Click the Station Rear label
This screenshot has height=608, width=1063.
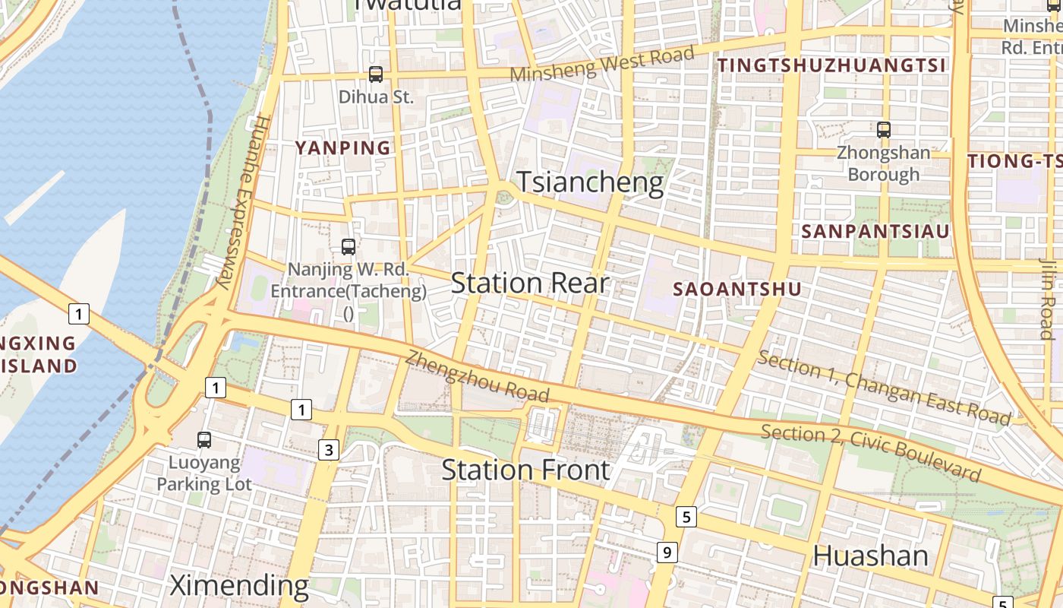click(529, 283)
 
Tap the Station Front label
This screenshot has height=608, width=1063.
click(525, 470)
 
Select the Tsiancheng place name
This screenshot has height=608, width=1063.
click(590, 183)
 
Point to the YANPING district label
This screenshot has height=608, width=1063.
click(342, 147)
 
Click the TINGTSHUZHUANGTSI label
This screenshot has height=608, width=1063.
click(832, 65)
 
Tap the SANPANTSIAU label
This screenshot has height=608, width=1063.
click(875, 231)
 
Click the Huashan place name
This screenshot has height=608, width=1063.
click(870, 556)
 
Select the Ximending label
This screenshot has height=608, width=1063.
click(238, 585)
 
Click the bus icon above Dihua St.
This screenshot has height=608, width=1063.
click(376, 74)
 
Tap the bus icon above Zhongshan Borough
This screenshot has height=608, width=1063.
click(883, 129)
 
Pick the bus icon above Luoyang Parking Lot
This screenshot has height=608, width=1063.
click(203, 439)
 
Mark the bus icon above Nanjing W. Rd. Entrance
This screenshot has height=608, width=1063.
click(349, 246)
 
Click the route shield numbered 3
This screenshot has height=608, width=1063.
click(328, 450)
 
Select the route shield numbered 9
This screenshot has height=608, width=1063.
click(666, 553)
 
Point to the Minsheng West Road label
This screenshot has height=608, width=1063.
click(602, 64)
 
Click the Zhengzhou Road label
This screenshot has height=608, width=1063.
click(477, 375)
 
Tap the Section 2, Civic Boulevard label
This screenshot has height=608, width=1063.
click(871, 452)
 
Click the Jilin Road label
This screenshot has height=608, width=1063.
click(1046, 298)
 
